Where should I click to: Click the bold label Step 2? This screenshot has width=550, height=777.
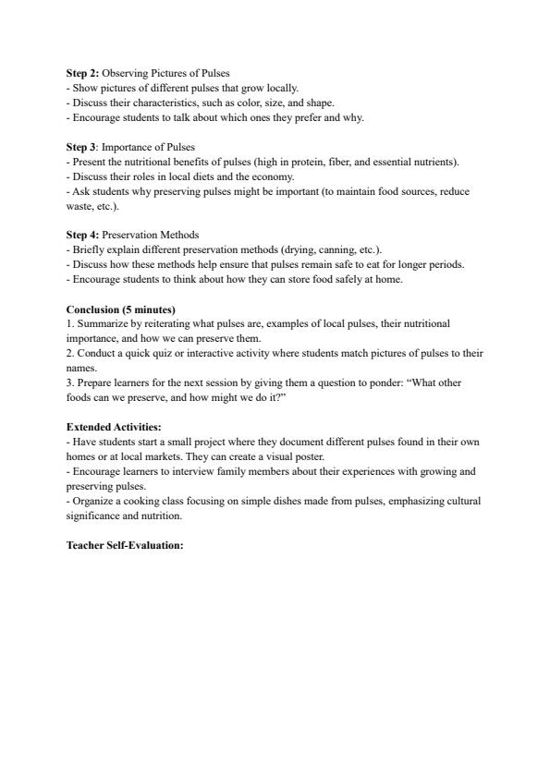tap(82, 73)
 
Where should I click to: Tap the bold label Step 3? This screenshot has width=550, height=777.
tap(81, 147)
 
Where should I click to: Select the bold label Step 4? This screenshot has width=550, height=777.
tap(82, 235)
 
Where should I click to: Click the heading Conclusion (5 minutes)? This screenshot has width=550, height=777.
tap(120, 310)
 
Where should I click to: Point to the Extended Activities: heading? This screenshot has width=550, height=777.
tap(114, 427)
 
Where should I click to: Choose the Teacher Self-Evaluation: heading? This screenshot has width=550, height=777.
tap(125, 544)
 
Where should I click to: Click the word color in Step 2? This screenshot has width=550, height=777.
tap(237, 103)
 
